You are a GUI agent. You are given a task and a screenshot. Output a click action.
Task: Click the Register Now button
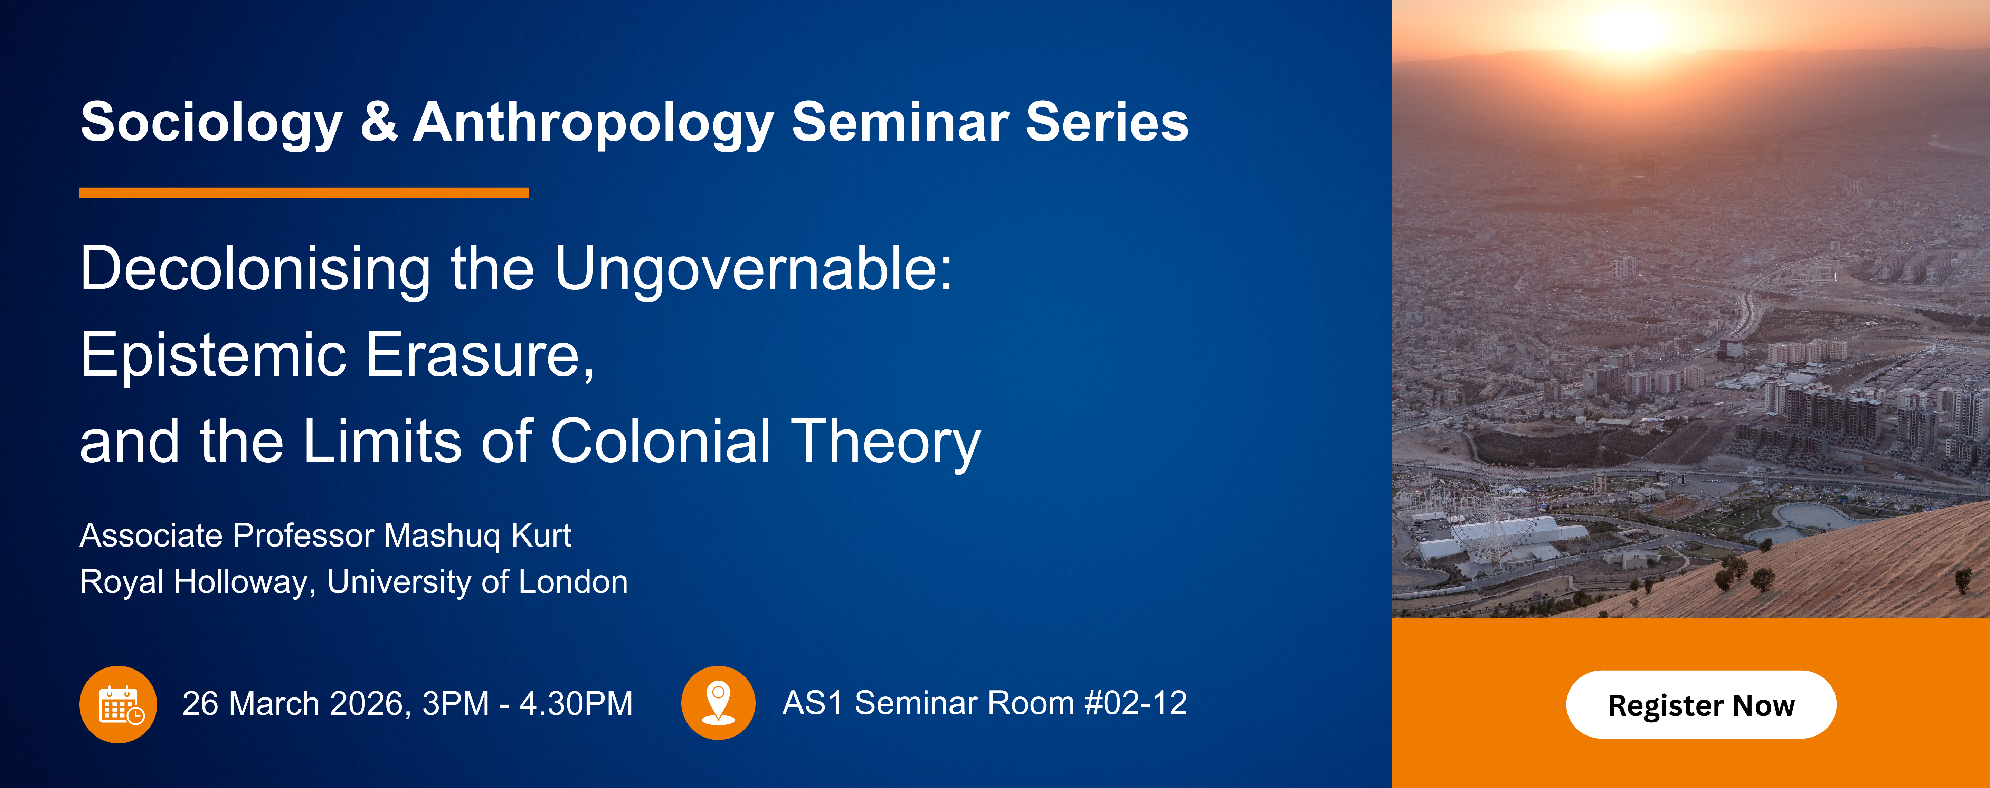(1701, 704)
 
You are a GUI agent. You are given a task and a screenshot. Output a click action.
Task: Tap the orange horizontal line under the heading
(304, 192)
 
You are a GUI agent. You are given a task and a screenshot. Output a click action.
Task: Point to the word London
(572, 582)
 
